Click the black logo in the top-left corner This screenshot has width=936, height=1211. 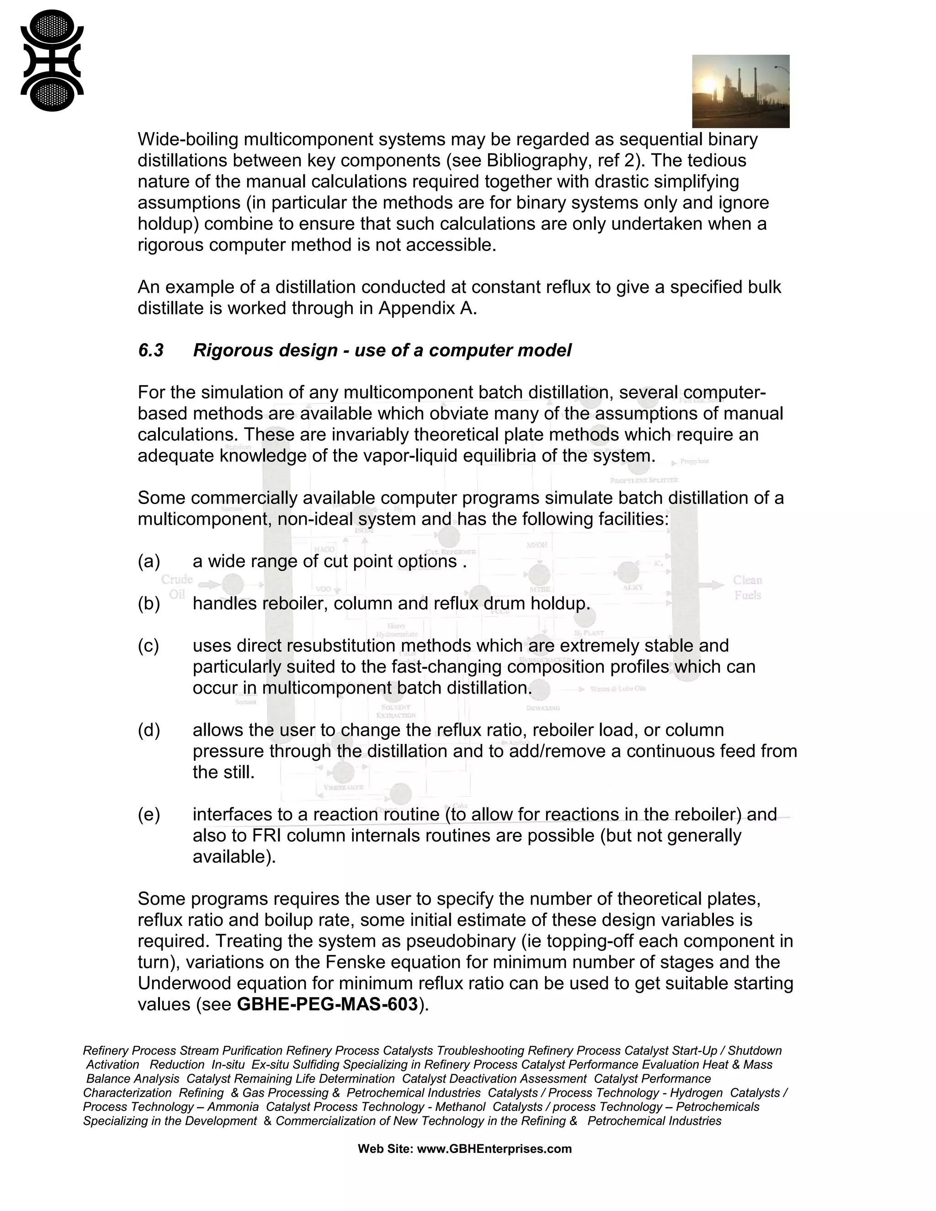(52, 60)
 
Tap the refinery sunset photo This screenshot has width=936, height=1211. (740, 91)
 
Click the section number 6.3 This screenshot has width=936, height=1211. (151, 351)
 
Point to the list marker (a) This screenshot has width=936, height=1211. (149, 561)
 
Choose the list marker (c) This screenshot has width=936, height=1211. (148, 645)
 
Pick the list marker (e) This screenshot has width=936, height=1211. (149, 814)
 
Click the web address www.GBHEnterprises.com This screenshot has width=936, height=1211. (494, 1149)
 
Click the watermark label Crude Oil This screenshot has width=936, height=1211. (177, 587)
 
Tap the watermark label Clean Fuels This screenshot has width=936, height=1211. (747, 587)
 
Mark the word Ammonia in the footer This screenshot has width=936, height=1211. (234, 1107)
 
